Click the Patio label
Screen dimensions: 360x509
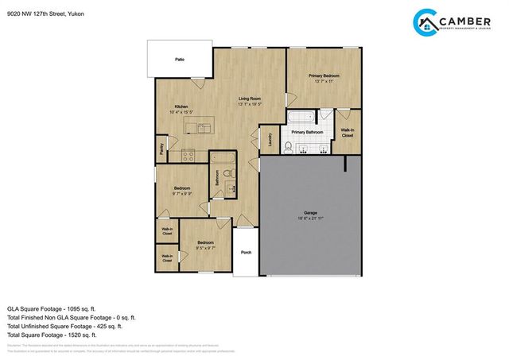click(x=180, y=60)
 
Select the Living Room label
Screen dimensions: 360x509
click(x=251, y=99)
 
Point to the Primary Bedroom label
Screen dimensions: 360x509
click(x=324, y=75)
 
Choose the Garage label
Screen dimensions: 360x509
click(x=310, y=213)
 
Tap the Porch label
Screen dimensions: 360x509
click(x=247, y=254)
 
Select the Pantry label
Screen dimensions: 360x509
click(x=161, y=146)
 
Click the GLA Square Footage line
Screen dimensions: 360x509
click(x=51, y=308)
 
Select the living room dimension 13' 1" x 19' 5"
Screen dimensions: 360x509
click(x=251, y=105)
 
